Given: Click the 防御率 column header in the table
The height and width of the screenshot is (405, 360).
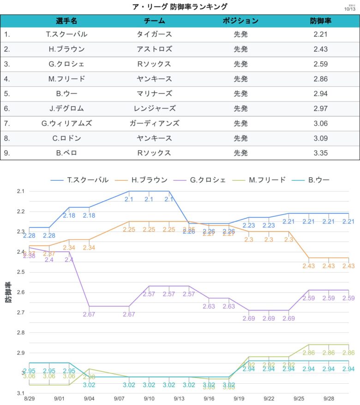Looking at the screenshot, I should [320, 21].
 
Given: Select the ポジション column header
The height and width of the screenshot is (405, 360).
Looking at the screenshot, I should [240, 21].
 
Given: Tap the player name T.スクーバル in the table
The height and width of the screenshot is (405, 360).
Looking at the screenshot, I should [66, 34].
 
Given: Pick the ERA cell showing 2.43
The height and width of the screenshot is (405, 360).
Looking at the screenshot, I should [320, 49].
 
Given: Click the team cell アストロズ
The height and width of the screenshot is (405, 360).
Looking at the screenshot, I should [154, 49].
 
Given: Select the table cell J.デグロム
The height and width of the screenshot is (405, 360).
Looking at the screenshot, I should [66, 108].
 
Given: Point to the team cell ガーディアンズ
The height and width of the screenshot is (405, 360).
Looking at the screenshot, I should [154, 123].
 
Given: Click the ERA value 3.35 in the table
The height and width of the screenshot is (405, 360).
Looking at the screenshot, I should [320, 153].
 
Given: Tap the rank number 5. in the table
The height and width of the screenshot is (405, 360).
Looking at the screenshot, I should [7, 94].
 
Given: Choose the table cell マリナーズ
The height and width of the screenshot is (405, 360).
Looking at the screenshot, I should [154, 94].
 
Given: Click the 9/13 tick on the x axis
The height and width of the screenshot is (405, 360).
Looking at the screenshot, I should [179, 398].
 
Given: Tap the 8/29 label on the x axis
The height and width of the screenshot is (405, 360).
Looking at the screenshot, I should [30, 398].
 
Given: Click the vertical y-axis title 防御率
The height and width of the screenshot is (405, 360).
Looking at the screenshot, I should [9, 292].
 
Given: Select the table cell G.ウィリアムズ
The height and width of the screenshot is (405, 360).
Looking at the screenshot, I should [66, 123].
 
